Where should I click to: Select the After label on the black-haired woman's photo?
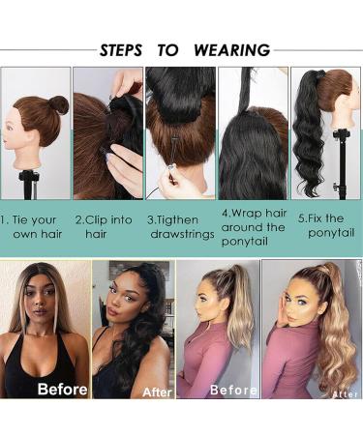coord(156,392)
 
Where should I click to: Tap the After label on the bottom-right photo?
coord(344,393)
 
